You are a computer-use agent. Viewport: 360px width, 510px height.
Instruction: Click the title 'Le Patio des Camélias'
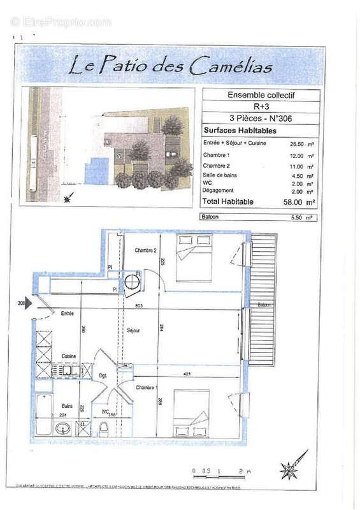pyautogui.click(x=170, y=65)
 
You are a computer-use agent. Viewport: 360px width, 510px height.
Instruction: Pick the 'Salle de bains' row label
pyautogui.click(x=218, y=175)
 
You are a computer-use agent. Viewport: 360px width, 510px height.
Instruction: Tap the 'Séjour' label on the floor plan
pyautogui.click(x=133, y=331)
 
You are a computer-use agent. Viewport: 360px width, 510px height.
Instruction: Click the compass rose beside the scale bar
pyautogui.click(x=290, y=469)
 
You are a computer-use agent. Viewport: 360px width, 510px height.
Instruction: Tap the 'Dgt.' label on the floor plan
pyautogui.click(x=102, y=377)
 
